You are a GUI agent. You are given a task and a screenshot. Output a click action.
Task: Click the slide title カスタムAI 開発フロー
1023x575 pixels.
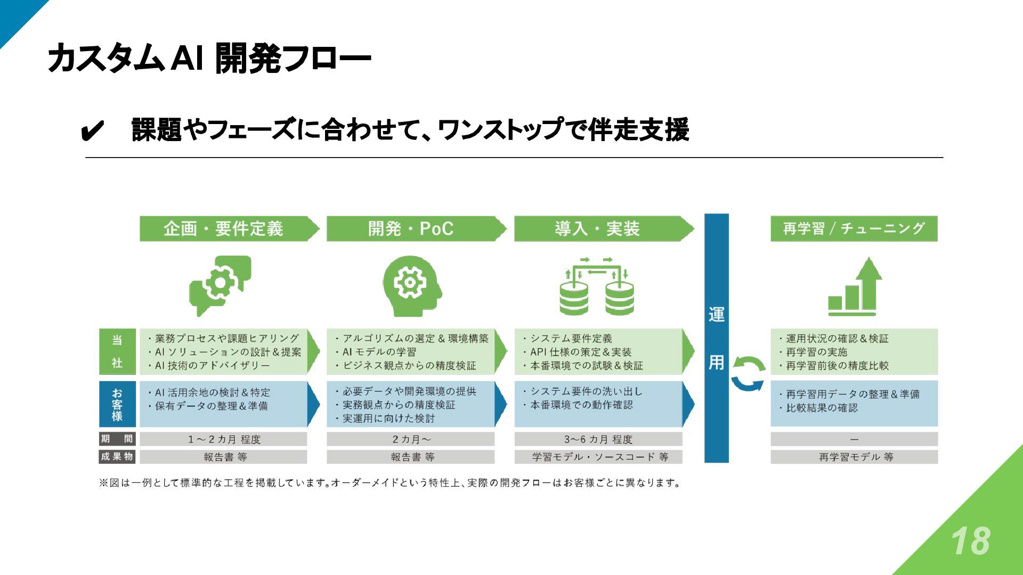click(x=209, y=59)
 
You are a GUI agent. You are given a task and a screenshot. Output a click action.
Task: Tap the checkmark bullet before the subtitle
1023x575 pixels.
click(x=92, y=130)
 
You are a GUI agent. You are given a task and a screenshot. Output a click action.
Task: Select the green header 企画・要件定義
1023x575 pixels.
click(x=224, y=229)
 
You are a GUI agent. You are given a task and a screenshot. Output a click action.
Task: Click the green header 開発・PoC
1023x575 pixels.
click(x=411, y=229)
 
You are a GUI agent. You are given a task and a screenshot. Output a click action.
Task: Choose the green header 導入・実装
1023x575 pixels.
click(x=597, y=229)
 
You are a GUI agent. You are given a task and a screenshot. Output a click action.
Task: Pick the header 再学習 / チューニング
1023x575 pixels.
click(x=854, y=229)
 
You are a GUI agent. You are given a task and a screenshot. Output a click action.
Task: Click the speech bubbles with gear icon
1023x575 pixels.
click(x=220, y=285)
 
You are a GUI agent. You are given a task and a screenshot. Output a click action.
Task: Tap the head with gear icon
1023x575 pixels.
click(x=411, y=285)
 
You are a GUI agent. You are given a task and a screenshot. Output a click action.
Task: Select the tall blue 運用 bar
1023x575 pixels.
click(x=716, y=339)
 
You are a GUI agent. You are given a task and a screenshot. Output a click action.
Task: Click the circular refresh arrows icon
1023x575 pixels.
click(x=748, y=374)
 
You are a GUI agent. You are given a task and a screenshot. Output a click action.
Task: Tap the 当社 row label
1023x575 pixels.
click(x=117, y=351)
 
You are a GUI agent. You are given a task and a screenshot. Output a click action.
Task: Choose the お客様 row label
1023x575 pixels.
click(x=117, y=404)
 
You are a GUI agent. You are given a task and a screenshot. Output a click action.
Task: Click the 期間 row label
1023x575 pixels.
click(x=117, y=439)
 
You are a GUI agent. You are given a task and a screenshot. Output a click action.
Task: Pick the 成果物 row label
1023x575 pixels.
click(x=117, y=457)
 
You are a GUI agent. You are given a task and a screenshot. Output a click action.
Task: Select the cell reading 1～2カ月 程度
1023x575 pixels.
click(x=224, y=439)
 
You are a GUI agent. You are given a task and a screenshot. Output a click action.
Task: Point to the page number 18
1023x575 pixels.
click(x=970, y=541)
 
